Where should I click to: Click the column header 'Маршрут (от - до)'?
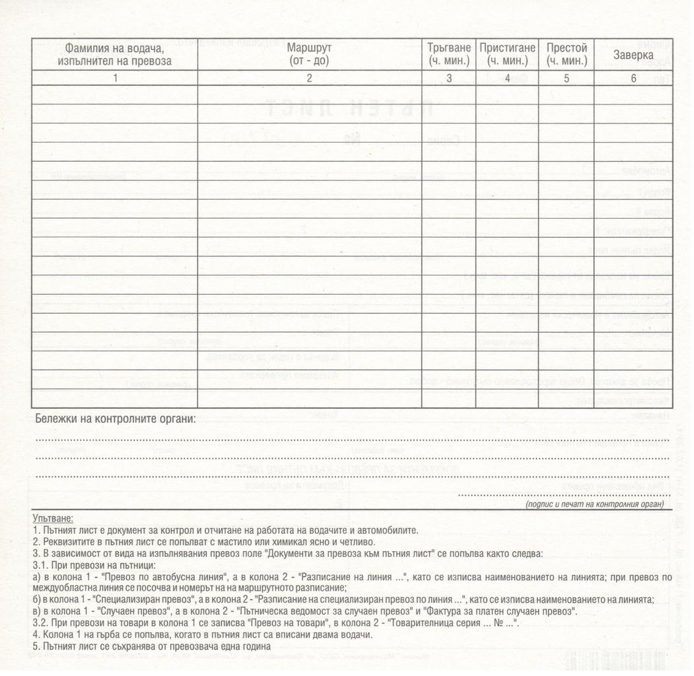pos(309,54)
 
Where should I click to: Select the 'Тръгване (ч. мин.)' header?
pos(448,54)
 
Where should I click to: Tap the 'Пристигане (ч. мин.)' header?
pos(507,54)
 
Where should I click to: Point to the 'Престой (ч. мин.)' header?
pos(567,54)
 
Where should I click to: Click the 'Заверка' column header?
pos(633,55)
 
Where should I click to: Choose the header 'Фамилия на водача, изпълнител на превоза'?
pos(114,54)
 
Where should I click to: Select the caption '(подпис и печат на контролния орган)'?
pos(594,504)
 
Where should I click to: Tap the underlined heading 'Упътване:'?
pos(52,519)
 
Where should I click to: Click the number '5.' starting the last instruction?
pos(36,646)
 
